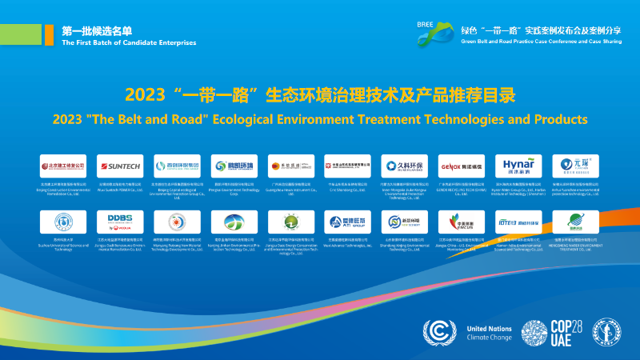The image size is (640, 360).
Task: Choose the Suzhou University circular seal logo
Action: [x=64, y=221]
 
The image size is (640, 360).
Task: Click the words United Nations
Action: [x=489, y=329]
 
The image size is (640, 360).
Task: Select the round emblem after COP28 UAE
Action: [x=610, y=331]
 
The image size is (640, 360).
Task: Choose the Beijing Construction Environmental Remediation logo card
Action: [x=64, y=166]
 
